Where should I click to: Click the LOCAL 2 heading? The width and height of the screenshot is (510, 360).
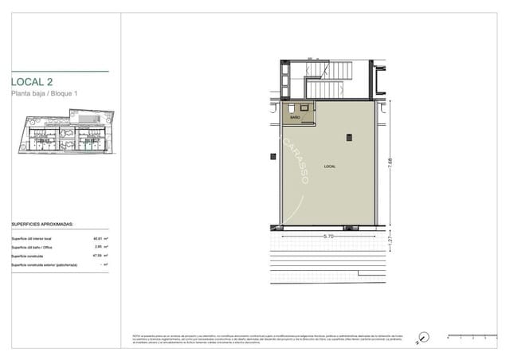tap(33, 81)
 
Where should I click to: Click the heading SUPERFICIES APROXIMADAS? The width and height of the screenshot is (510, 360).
tap(42, 225)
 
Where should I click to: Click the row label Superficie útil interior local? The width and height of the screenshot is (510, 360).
tap(31, 239)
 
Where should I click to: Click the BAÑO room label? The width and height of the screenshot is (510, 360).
tap(295, 117)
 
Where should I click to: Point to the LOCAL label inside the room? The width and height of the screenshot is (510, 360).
tap(330, 166)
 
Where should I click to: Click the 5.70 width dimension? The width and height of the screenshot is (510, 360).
tap(328, 237)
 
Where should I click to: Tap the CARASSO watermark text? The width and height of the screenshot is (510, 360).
tap(294, 164)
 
